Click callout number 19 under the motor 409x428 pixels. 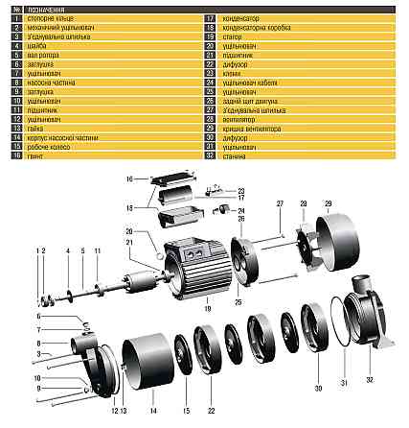coord(204,307)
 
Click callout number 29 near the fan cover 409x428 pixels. coord(327,204)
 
